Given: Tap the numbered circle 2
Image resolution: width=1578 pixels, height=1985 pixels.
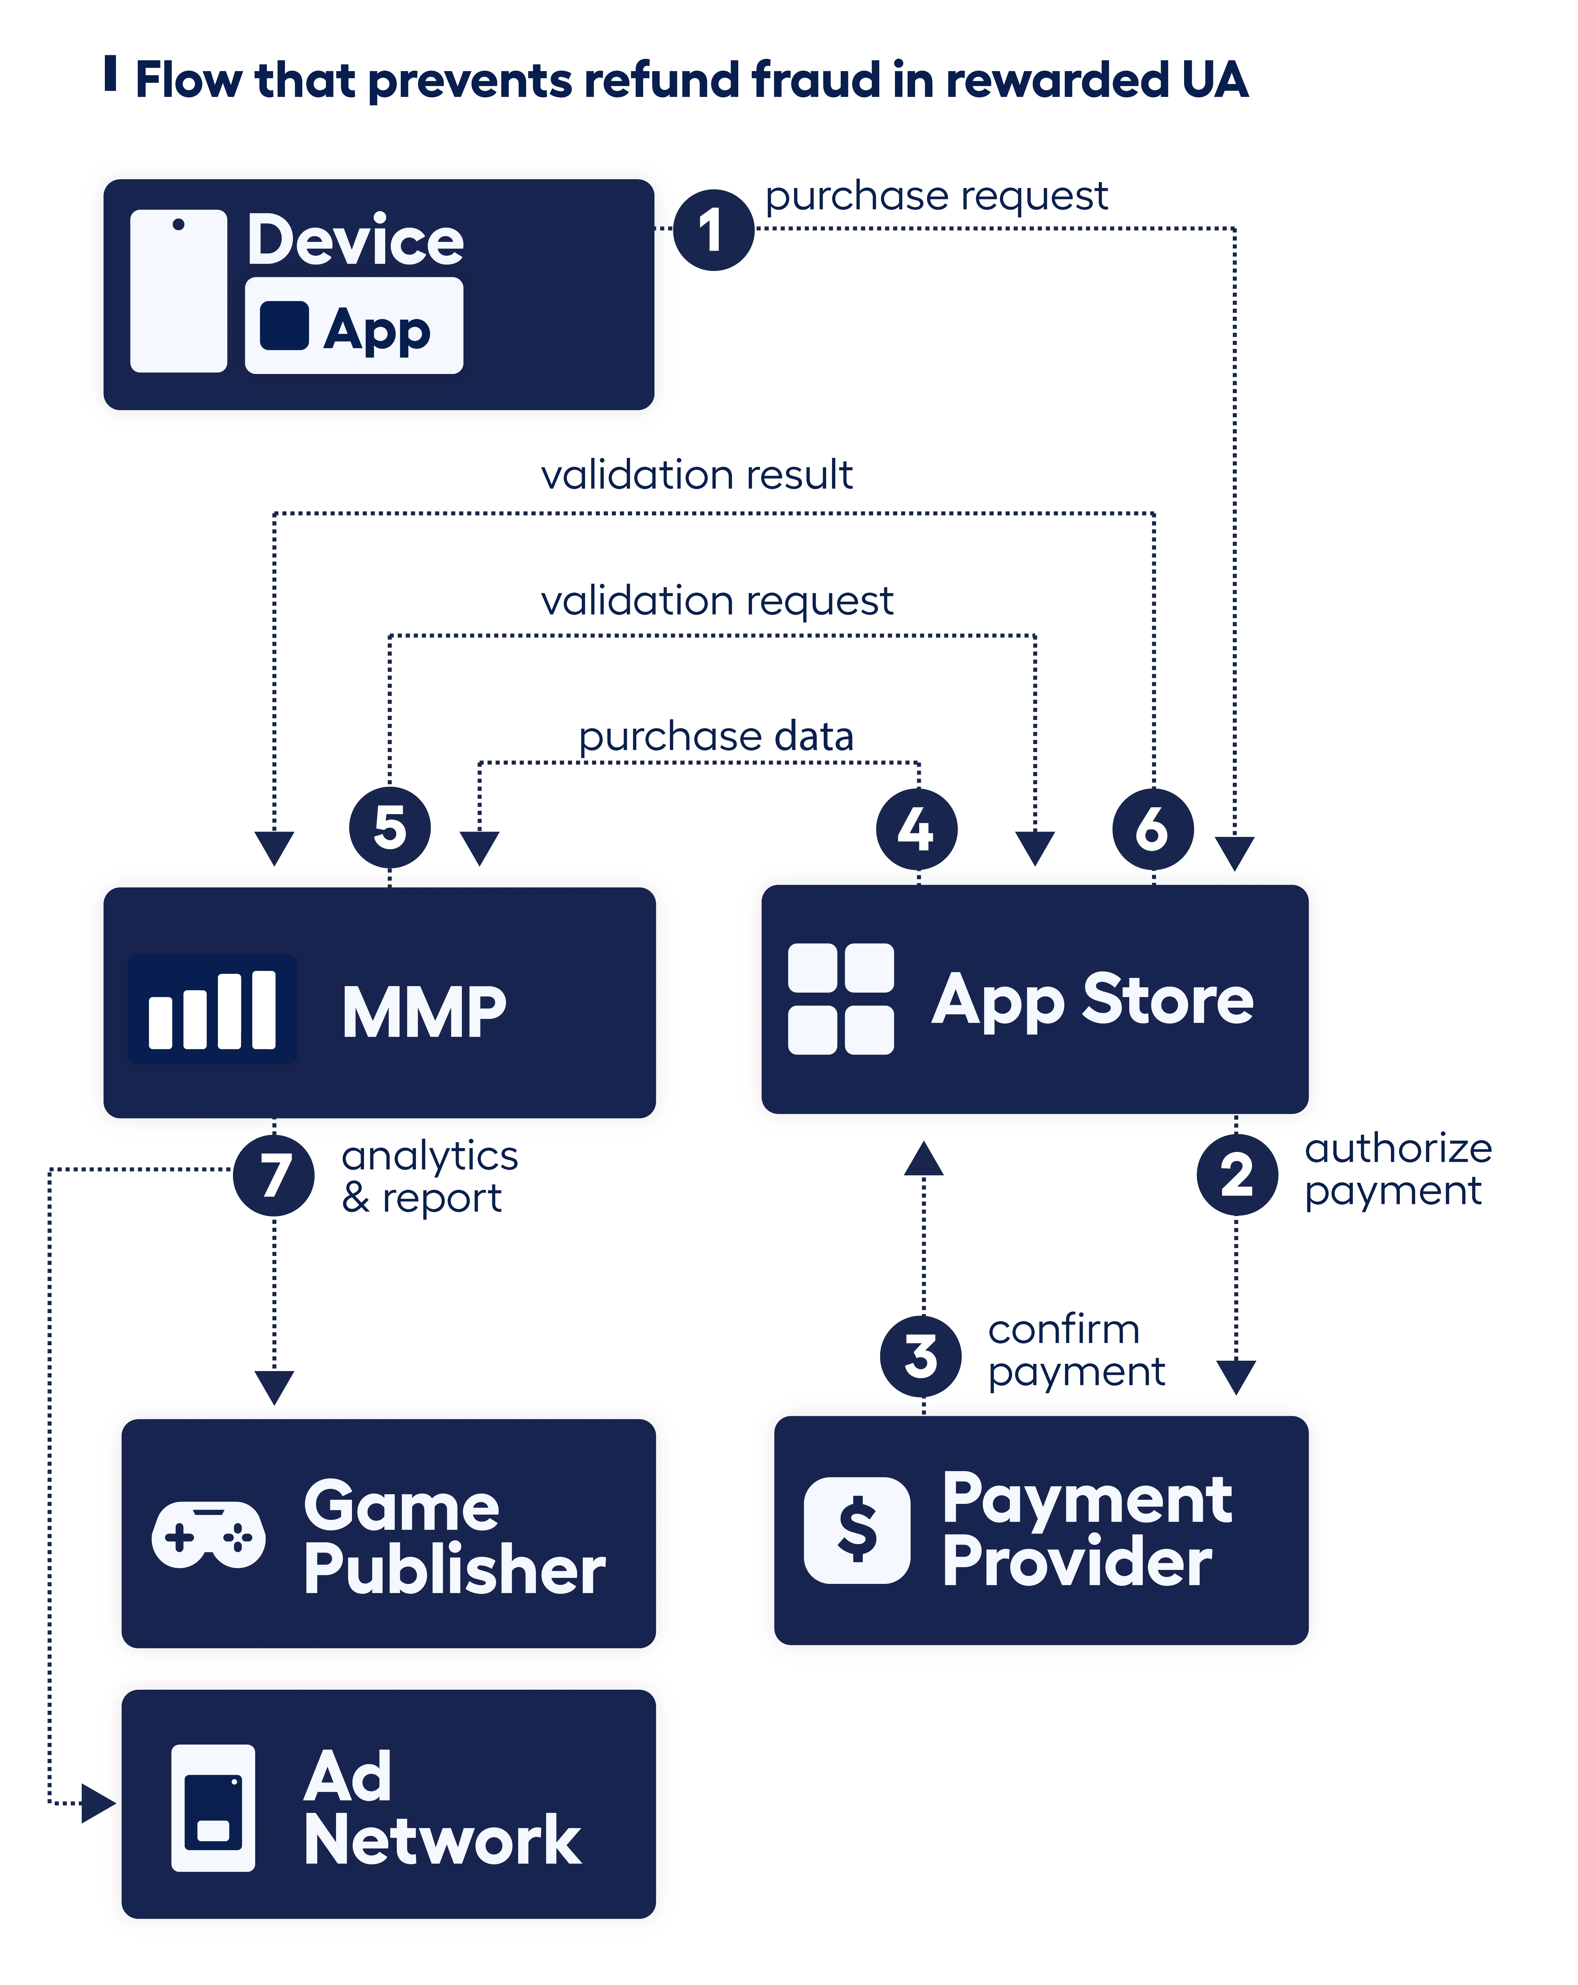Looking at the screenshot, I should point(1236,1175).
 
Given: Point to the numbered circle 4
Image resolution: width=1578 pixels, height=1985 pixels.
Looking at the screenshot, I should point(916,829).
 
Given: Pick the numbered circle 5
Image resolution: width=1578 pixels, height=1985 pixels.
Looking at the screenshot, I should point(389,827).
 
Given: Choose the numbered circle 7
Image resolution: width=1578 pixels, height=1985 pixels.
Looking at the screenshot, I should point(273,1176).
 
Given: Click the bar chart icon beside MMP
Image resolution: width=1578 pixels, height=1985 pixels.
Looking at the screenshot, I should point(213,1009).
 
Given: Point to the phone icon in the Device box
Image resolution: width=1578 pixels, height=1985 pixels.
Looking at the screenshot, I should point(179,291).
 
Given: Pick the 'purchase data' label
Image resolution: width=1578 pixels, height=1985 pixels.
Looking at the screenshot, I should point(715,737).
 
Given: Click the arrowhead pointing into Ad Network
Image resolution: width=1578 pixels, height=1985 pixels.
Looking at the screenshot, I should point(98,1803).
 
